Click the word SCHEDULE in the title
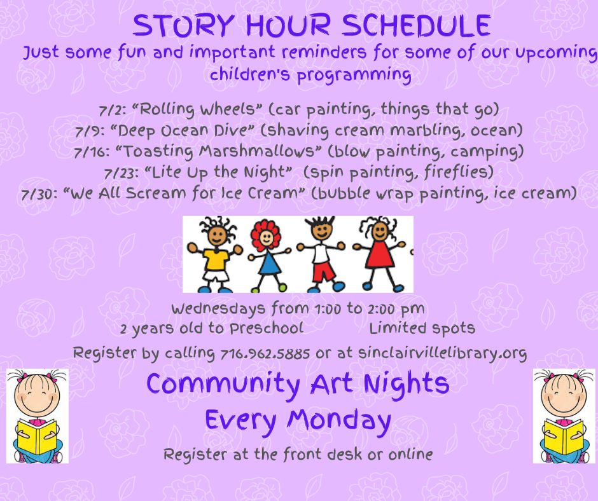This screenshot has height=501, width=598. [415, 25]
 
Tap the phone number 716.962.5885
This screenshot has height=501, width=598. [265, 354]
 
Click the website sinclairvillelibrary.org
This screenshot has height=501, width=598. [442, 353]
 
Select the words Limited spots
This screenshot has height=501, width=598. [422, 328]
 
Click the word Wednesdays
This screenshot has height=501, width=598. [218, 309]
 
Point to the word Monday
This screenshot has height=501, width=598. [339, 421]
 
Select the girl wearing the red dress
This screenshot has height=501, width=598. [379, 253]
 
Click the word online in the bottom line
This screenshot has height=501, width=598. [410, 455]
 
